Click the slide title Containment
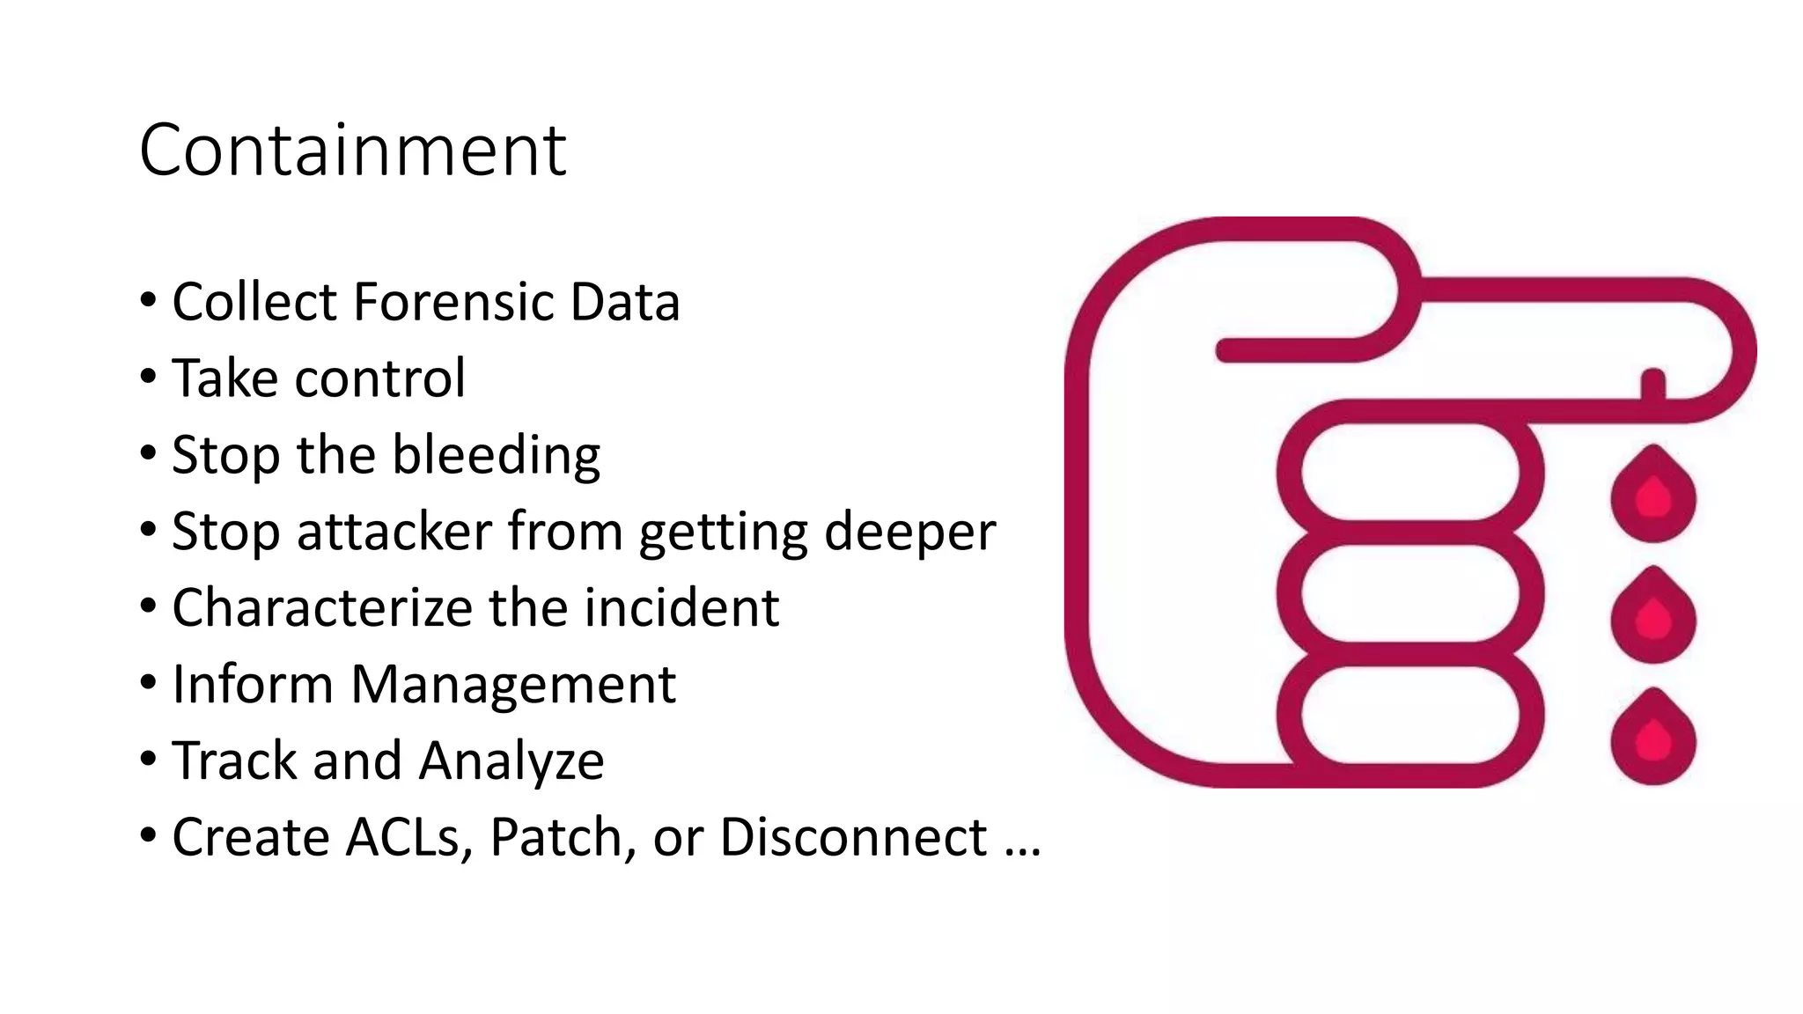point(352,151)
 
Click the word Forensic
point(454,302)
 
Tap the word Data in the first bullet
point(625,302)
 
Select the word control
point(379,378)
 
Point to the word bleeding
point(496,456)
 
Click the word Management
point(513,686)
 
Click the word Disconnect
point(852,837)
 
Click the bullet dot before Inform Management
point(148,681)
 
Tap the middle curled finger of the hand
point(1409,593)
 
